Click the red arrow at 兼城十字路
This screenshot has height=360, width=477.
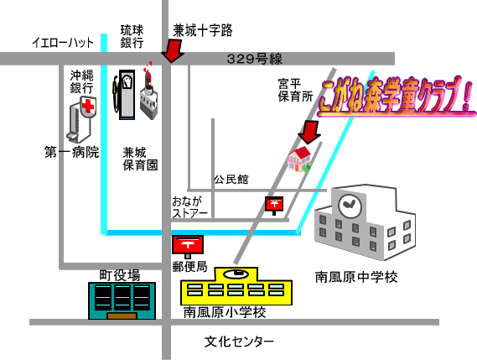point(173,51)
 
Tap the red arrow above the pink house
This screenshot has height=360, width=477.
point(309,132)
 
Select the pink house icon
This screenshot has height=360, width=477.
point(299,159)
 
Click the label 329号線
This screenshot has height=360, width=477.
point(255,59)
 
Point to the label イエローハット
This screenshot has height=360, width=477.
point(63,42)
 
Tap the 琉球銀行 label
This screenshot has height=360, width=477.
point(132,37)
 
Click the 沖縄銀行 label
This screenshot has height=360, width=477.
point(81,81)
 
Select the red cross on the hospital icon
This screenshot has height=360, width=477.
point(88,106)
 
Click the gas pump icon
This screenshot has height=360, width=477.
point(124,95)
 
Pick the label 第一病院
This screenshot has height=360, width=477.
point(72,152)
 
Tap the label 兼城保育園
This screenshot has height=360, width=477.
point(140,159)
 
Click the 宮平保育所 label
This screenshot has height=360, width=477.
point(295,90)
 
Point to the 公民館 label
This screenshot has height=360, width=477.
point(231,180)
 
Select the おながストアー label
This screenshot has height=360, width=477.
point(189,207)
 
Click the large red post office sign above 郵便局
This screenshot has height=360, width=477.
point(188,244)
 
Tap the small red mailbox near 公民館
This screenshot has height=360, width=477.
point(274,204)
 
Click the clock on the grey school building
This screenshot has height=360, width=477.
point(350,206)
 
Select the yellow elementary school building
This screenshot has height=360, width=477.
point(236,286)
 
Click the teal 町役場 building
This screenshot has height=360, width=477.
point(122,300)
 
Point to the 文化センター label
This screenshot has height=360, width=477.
point(239,342)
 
